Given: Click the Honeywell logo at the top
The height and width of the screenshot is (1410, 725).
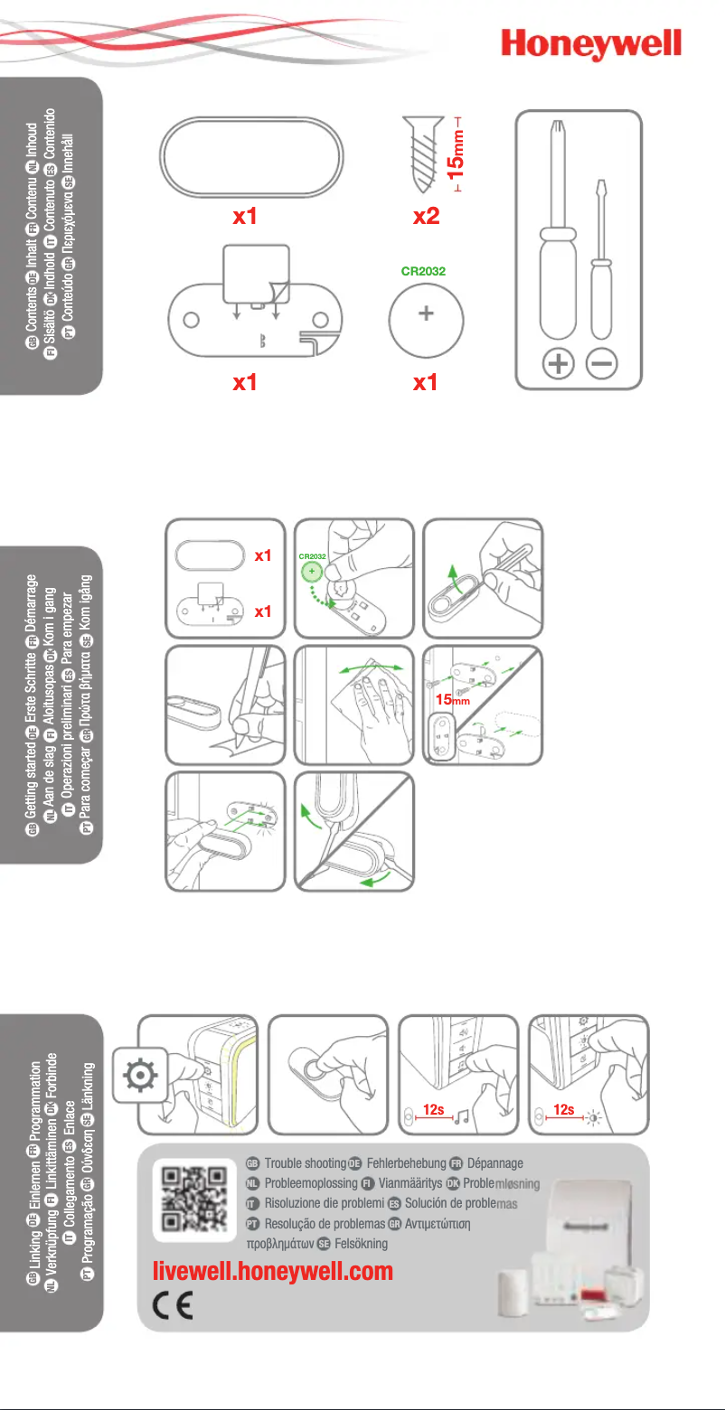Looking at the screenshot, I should coord(591,43).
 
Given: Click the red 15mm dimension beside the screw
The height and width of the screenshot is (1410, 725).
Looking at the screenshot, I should coord(458,155).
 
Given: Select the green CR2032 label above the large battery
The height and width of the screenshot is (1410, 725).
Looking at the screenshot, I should coord(426,269).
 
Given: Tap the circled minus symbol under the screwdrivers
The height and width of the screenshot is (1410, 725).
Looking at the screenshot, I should coord(601,364).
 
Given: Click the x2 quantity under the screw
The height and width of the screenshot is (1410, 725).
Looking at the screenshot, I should coord(427,217).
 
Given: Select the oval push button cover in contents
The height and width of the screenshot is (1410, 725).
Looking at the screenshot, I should coord(251,155).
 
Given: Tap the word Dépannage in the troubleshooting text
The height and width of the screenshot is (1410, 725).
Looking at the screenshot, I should coord(495,1163).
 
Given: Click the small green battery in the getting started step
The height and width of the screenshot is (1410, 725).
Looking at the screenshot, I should coord(313,571).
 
